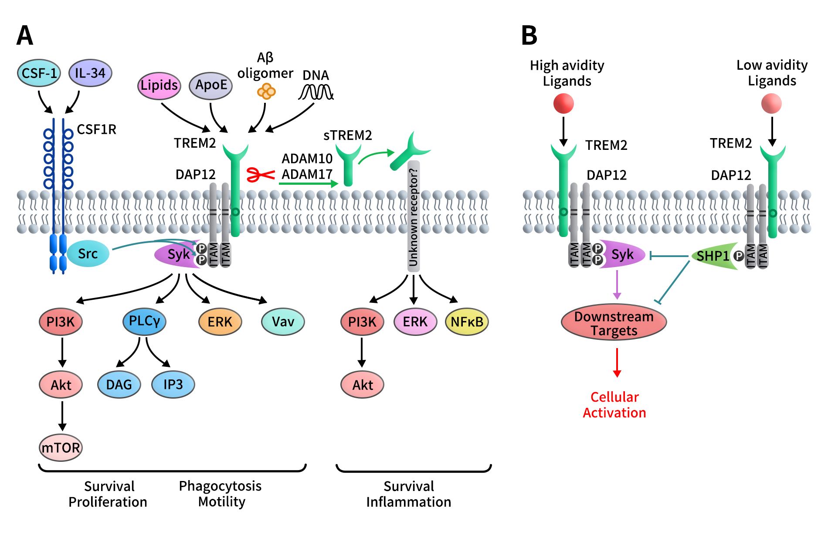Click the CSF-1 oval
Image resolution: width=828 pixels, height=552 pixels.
(39, 73)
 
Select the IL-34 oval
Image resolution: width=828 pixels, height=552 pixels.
(90, 73)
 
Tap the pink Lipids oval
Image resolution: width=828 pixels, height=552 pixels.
(159, 85)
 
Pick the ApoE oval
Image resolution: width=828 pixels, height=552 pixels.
(211, 85)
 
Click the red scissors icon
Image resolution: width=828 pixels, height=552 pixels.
(260, 175)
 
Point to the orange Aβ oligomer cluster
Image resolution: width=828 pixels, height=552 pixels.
(266, 92)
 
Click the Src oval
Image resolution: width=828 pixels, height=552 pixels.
(88, 254)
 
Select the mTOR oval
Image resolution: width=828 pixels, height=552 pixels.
(61, 447)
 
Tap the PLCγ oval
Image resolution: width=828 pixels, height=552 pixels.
(144, 322)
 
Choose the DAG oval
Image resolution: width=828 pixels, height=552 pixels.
(119, 385)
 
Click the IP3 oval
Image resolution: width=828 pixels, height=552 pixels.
(173, 385)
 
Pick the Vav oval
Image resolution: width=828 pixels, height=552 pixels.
(283, 322)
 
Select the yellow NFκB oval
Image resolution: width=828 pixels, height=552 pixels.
(467, 322)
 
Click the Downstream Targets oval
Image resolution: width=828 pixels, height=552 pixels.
(614, 323)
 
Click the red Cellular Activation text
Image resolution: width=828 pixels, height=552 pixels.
(614, 405)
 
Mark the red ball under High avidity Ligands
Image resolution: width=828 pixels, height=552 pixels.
(563, 104)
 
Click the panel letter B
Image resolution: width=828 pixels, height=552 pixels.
(529, 36)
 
